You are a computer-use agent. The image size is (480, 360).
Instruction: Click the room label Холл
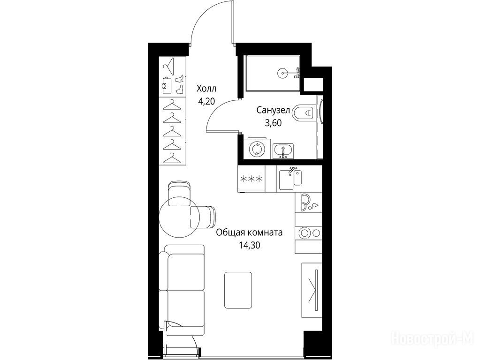206,89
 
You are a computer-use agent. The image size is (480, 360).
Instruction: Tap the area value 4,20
206,102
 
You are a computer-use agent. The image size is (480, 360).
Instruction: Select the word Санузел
273,110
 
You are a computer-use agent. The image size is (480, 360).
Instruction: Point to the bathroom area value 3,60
273,123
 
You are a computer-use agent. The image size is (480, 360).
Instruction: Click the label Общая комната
249,232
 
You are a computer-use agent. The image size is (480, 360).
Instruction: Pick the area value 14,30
250,245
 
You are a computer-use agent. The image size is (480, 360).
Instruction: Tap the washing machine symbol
256,149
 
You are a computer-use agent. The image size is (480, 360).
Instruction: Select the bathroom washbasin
283,151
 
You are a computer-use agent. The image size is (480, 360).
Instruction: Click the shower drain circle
282,73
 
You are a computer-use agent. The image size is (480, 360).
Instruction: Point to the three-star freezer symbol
252,179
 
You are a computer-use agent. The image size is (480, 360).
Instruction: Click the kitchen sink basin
286,180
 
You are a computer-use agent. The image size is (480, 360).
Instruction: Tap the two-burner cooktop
308,233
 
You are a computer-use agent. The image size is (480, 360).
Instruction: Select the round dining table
175,217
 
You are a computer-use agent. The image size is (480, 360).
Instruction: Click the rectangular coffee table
238,290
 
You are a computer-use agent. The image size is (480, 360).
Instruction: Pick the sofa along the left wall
182,290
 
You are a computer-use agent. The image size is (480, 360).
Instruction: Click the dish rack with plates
308,203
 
